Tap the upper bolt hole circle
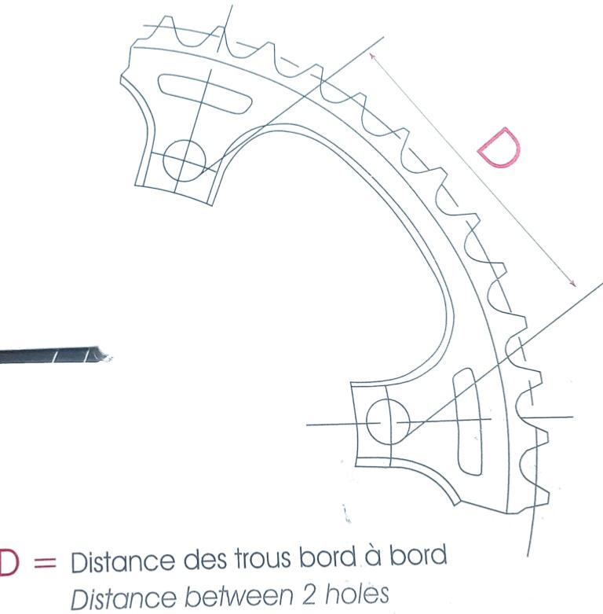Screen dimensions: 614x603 coord(185,160)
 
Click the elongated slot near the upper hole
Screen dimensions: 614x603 coord(205,94)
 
